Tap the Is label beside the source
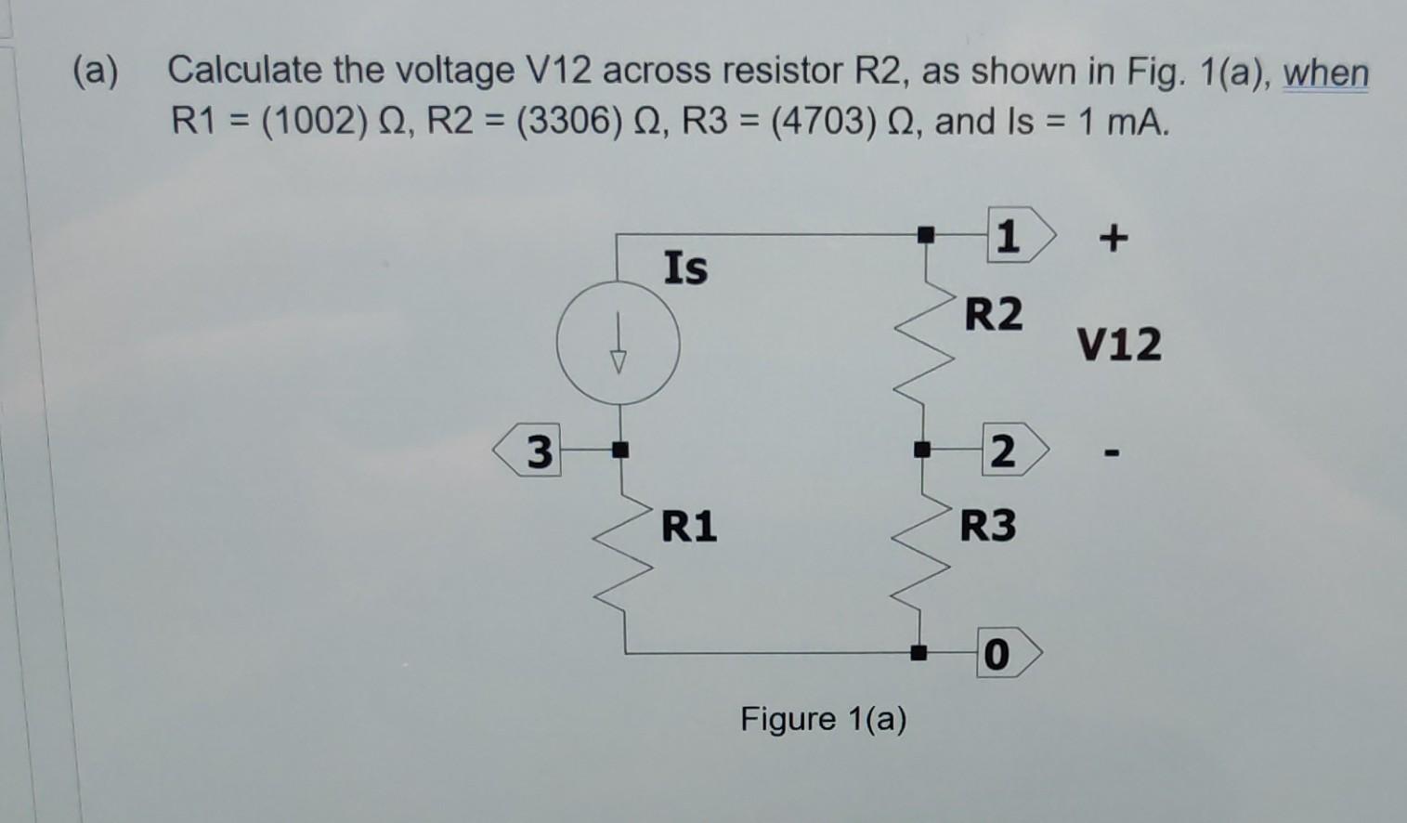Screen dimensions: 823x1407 click(x=685, y=268)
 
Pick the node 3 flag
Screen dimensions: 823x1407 click(x=530, y=453)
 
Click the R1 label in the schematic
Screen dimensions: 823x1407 click(x=688, y=527)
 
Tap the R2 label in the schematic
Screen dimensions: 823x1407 click(x=993, y=314)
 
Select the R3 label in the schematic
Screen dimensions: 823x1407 click(x=987, y=526)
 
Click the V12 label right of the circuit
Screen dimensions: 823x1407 click(x=1119, y=345)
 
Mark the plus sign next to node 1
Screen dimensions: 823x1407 click(x=1114, y=239)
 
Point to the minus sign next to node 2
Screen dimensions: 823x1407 click(x=1113, y=455)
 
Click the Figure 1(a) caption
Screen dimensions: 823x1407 click(x=823, y=719)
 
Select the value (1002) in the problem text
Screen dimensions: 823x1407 click(x=308, y=122)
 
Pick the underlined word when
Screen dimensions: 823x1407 click(x=1325, y=72)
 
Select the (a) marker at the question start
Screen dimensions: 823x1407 click(x=96, y=72)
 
